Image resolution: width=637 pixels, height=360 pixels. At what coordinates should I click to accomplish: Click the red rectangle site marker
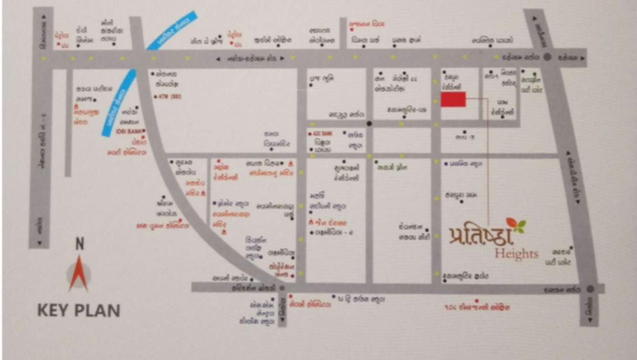pos(453,100)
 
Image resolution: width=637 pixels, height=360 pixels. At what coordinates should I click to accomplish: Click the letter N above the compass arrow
pos(80,244)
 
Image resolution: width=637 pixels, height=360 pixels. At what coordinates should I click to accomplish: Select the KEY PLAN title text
pos(79,311)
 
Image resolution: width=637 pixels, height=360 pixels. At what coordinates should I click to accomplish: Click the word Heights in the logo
pos(516,253)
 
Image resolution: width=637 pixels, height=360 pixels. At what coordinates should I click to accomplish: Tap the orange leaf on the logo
pos(512,223)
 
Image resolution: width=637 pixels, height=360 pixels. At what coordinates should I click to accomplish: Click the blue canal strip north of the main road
pos(171,31)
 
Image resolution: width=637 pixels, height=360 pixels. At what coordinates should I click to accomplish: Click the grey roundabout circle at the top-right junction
pos(547,57)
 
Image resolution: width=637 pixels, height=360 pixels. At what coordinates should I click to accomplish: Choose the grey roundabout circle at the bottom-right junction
pos(590,289)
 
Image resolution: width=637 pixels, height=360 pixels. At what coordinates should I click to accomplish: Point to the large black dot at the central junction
pos(369,123)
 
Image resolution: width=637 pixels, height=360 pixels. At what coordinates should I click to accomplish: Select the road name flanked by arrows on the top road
pos(250,59)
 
